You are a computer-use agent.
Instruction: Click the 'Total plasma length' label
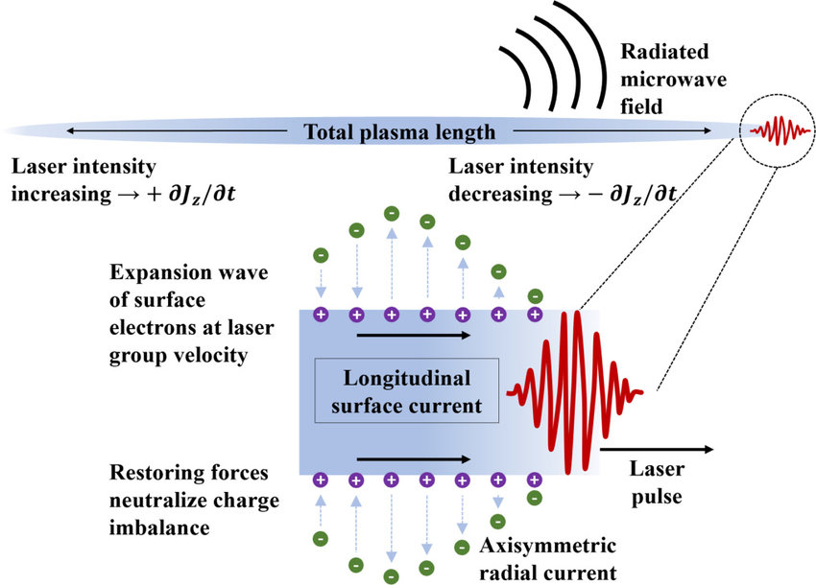coord(398,131)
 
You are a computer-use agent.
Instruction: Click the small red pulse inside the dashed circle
coord(774,129)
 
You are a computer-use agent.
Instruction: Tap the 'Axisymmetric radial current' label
coord(548,560)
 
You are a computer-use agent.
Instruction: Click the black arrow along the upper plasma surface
coord(413,336)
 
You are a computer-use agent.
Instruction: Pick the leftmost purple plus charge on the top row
coord(320,314)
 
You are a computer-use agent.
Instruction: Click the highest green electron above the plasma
coord(392,213)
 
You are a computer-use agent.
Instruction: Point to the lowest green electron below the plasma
coord(392,577)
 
